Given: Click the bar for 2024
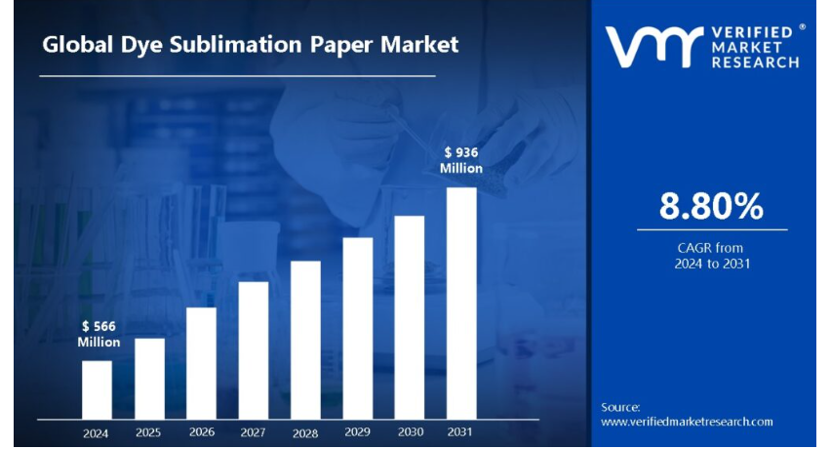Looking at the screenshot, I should (97, 389).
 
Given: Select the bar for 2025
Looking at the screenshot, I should (149, 378).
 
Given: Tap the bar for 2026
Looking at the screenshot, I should (201, 363).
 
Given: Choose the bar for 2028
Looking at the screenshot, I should (305, 340).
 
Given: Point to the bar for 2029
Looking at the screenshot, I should (358, 328).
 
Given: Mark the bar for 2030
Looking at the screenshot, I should (410, 317).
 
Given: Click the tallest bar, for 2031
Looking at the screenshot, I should (462, 303).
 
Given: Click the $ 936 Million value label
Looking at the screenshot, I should (461, 160).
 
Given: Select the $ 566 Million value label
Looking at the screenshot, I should (99, 334).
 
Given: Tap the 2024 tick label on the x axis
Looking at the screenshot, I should (97, 433).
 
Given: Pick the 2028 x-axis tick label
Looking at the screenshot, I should (305, 433).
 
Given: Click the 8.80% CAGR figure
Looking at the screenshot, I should (711, 206).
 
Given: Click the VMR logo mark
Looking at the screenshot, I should (653, 47).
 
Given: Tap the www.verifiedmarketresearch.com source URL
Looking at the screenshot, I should (687, 422).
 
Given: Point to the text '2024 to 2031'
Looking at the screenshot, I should (712, 264).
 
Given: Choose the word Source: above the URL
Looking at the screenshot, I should (620, 407).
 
